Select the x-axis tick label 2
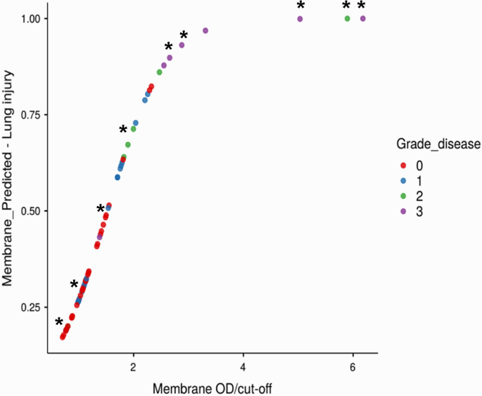[133, 366]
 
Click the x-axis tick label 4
[243, 366]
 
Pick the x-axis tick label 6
[353, 366]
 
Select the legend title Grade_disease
[438, 144]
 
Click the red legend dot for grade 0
[403, 166]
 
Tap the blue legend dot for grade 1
[403, 181]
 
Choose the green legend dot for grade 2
[403, 196]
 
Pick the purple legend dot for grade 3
[403, 210]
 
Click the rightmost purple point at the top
[363, 18]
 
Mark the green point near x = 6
[347, 18]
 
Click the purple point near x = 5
[300, 19]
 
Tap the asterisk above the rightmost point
[362, 6]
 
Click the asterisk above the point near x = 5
[301, 6]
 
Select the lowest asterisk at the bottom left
[59, 323]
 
